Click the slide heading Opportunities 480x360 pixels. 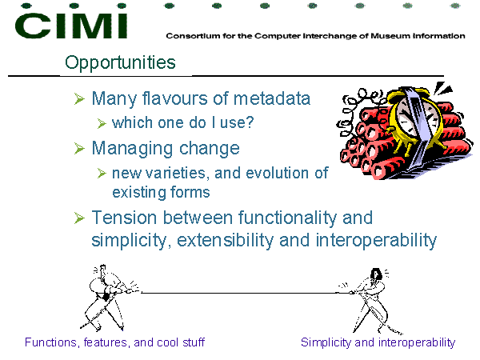pos(120,62)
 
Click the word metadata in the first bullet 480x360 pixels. pos(272,98)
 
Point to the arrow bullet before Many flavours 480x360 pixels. pos(79,99)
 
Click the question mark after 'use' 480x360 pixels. pos(250,122)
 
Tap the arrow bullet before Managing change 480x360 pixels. pos(79,149)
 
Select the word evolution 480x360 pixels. pos(278,173)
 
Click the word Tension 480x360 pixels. pos(125,218)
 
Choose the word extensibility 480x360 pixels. pos(225,241)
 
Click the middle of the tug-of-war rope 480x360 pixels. pos(238,293)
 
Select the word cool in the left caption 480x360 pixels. pos(168,342)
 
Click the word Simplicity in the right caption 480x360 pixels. pos(326,342)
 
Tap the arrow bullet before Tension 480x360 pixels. pos(79,218)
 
